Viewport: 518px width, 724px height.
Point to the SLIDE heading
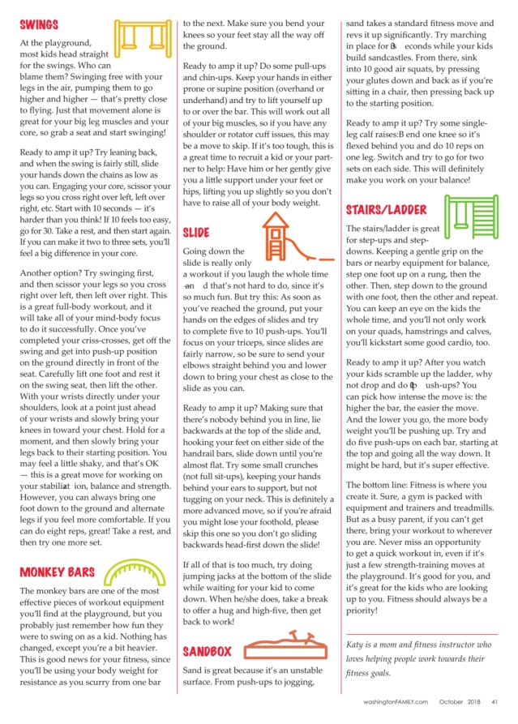[x=195, y=232]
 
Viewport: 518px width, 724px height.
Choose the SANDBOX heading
[x=207, y=650]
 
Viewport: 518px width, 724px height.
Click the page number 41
[x=494, y=701]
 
